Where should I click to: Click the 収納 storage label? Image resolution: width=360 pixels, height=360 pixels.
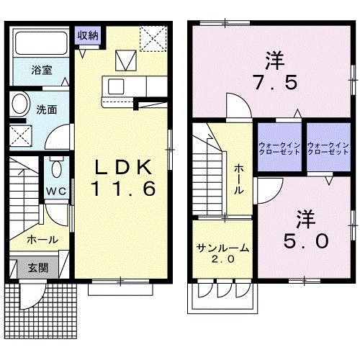pos(88,36)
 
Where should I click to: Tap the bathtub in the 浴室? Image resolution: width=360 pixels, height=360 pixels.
pos(41,42)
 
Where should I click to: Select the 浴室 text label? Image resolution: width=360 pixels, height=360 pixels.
pos(42,70)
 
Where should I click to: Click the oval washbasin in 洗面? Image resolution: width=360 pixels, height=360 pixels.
pos(21,104)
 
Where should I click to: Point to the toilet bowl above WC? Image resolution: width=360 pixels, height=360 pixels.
pos(57,167)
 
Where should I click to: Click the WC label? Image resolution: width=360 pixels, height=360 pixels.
pos(56,192)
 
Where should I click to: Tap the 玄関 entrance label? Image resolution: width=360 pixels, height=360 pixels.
pos(38,268)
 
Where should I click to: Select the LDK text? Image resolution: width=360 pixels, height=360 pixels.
pos(123,167)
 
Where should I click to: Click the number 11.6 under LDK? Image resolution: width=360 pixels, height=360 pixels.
pos(124,189)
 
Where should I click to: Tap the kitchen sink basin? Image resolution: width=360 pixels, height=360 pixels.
pos(116,86)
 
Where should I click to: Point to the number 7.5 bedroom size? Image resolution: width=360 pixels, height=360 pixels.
pos(275,82)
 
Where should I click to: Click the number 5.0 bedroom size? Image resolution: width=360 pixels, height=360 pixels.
pos(306,241)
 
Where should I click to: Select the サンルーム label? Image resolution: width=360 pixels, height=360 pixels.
pos(222,248)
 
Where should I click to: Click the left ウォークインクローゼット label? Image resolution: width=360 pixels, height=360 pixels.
pos(279,149)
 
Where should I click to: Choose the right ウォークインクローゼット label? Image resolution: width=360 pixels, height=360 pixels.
pos(328,149)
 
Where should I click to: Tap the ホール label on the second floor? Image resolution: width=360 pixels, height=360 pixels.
pos(238,179)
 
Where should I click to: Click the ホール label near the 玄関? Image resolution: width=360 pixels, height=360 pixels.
pos(42,240)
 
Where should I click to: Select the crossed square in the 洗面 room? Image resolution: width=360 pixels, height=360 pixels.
pos(21,136)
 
